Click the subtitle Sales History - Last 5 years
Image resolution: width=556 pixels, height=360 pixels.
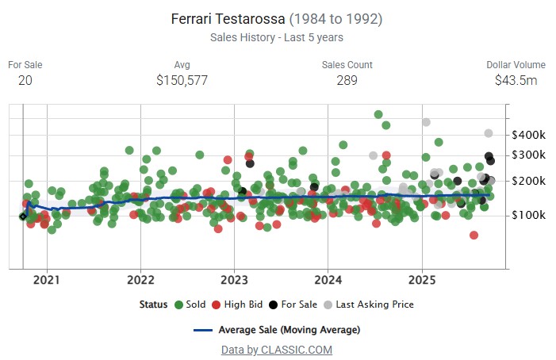tap(277, 37)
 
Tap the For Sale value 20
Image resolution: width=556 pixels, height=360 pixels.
tap(25, 80)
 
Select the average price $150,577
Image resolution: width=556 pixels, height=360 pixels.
tap(182, 80)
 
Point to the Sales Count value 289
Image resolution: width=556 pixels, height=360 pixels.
tap(347, 80)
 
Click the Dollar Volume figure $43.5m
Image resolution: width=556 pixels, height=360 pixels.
tap(516, 80)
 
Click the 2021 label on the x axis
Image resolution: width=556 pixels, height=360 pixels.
tap(47, 280)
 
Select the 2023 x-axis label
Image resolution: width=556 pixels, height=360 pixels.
tap(234, 280)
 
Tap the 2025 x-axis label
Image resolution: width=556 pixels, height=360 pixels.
tap(422, 280)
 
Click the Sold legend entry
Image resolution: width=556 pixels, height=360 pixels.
tap(190, 304)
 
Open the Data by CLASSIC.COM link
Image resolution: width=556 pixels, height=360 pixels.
tap(277, 350)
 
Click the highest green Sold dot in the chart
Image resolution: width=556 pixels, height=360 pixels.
tap(378, 115)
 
